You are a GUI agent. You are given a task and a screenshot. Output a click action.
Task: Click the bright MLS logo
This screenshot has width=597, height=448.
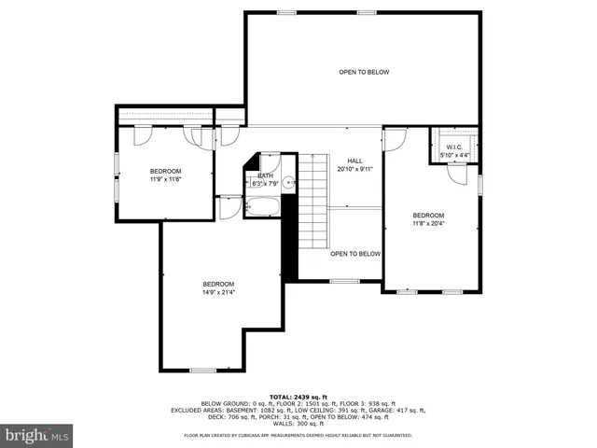point(37,435)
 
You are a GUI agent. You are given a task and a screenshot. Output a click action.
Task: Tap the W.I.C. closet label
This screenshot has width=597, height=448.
point(454,147)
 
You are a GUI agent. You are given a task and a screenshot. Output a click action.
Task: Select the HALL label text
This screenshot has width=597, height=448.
point(354,161)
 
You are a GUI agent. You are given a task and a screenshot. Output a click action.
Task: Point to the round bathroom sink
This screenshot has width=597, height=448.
point(288,184)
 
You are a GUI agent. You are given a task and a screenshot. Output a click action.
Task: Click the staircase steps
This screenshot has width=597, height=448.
point(312,201)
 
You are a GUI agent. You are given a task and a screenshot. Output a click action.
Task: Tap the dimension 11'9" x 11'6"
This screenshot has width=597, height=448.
point(165,179)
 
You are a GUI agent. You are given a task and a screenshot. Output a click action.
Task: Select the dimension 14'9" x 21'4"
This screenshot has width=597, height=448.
point(218,292)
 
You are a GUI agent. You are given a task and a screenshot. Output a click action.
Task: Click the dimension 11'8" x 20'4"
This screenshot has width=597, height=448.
point(429,223)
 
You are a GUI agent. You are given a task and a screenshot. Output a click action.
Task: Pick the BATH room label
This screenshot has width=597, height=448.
point(266,175)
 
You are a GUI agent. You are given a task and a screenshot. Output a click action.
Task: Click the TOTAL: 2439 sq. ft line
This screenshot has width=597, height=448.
point(298,396)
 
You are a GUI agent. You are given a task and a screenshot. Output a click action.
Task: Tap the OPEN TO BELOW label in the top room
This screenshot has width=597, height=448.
point(364,72)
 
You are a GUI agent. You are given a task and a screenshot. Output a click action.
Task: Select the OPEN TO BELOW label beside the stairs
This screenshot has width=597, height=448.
point(355,254)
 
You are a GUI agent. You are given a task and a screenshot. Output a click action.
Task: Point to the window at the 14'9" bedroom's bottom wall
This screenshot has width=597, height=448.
point(202,371)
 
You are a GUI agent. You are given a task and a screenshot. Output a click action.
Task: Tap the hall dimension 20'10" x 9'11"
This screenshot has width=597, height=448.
point(354,169)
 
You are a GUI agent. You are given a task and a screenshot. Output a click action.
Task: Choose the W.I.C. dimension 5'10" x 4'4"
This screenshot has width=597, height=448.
point(454,155)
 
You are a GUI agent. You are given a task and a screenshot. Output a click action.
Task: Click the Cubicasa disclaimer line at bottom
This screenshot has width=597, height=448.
point(298,435)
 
